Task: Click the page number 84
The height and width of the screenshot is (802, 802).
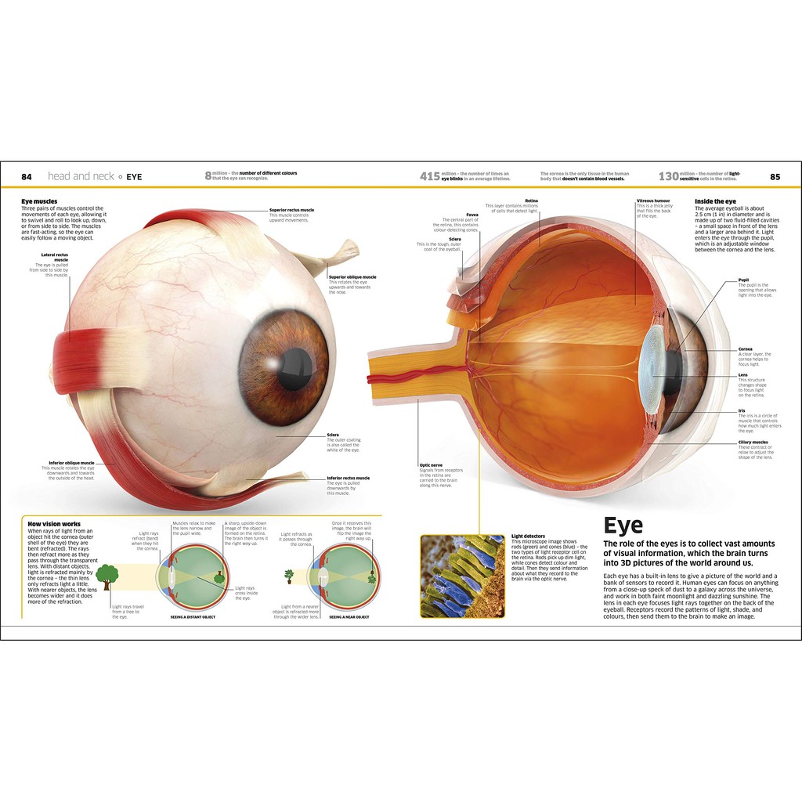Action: click(x=27, y=177)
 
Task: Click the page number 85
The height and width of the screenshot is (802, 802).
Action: click(x=775, y=177)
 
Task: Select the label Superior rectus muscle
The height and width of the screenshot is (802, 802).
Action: click(x=291, y=210)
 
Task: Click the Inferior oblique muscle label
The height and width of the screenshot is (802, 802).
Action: click(x=71, y=463)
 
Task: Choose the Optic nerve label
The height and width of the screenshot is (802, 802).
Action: click(x=432, y=464)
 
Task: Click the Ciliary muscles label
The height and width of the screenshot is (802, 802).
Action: click(x=753, y=443)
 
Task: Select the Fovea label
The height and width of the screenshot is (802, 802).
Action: click(x=472, y=214)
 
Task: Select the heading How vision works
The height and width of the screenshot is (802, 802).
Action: click(x=54, y=524)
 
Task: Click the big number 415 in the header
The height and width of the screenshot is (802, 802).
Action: click(x=430, y=177)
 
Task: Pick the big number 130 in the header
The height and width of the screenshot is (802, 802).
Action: click(x=667, y=177)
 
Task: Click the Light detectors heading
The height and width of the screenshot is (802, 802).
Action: click(x=527, y=536)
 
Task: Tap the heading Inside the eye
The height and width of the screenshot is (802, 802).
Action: click(x=715, y=201)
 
